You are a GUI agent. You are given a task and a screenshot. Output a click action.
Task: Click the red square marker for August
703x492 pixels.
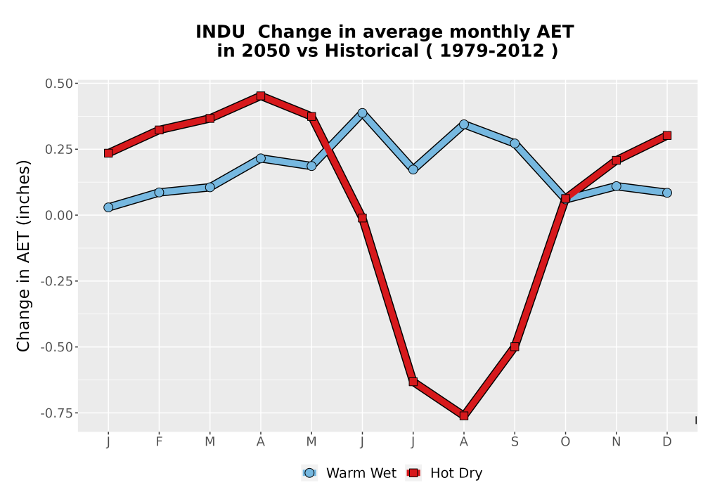pyautogui.click(x=463, y=416)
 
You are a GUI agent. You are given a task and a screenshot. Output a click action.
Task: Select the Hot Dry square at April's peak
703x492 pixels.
pyautogui.click(x=261, y=96)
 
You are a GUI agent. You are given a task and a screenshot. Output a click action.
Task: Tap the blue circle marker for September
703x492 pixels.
pyautogui.click(x=515, y=143)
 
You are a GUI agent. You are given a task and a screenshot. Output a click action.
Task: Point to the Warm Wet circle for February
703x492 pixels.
pyautogui.click(x=159, y=192)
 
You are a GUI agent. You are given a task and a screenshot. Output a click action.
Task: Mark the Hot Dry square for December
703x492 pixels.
pyautogui.click(x=667, y=136)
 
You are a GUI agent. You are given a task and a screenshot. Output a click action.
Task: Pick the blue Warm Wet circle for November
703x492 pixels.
pyautogui.click(x=617, y=186)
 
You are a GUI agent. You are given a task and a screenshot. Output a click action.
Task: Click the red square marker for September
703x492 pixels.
pyautogui.click(x=515, y=347)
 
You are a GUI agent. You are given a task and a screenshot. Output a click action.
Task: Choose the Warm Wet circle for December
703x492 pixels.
pyautogui.click(x=667, y=193)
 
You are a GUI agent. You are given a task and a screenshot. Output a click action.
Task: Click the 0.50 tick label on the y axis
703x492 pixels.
pyautogui.click(x=58, y=84)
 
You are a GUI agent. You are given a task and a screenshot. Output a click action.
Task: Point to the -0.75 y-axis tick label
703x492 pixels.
pyautogui.click(x=56, y=413)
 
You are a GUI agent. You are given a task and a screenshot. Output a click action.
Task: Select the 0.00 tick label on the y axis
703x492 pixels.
pyautogui.click(x=58, y=216)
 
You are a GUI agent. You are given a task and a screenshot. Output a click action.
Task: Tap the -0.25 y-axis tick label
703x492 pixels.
pyautogui.click(x=56, y=281)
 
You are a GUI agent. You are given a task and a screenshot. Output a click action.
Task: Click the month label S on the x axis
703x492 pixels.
pyautogui.click(x=515, y=442)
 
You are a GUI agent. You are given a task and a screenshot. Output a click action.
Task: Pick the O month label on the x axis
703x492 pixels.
pyautogui.click(x=565, y=442)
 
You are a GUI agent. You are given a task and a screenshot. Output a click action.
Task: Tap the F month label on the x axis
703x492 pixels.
pyautogui.click(x=159, y=442)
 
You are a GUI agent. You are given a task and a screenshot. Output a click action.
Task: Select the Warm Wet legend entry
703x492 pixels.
pyautogui.click(x=349, y=473)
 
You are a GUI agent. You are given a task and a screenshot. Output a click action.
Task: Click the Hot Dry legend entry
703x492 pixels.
pyautogui.click(x=444, y=473)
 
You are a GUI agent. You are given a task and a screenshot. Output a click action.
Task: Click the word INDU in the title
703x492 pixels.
pyautogui.click(x=221, y=32)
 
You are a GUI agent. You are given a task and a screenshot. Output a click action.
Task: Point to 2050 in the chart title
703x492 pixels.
pyautogui.click(x=266, y=51)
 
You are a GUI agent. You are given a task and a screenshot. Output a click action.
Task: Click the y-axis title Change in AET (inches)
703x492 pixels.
pyautogui.click(x=23, y=256)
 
